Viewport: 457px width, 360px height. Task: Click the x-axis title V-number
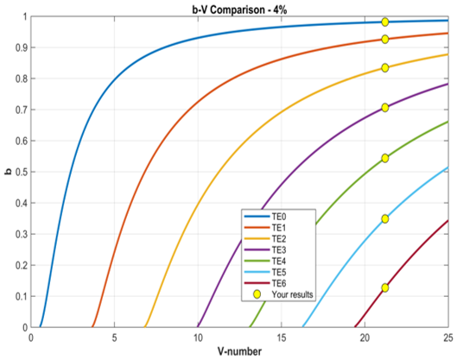[239, 351]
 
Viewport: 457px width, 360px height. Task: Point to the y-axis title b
[9, 172]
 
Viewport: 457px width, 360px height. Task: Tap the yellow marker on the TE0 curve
[385, 22]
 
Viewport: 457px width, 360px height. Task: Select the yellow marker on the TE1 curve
[385, 39]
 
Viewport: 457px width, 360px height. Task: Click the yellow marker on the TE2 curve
[385, 68]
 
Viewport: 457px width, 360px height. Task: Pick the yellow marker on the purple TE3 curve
[385, 107]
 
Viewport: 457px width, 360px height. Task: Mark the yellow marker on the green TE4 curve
[385, 158]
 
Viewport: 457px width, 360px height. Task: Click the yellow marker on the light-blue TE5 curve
[385, 218]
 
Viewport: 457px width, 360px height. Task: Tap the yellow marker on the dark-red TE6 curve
[385, 287]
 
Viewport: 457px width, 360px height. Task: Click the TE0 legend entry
[264, 217]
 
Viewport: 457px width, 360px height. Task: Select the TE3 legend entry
[264, 249]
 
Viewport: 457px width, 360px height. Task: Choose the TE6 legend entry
[264, 283]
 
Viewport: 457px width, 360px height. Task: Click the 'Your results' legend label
[292, 294]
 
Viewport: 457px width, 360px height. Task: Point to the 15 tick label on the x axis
[282, 338]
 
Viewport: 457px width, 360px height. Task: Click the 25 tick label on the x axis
[448, 338]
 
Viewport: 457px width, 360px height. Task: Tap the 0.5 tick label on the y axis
[21, 172]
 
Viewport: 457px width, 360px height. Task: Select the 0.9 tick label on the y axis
[21, 47]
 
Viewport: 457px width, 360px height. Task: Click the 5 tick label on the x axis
[114, 338]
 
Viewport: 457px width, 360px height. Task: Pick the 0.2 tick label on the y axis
[21, 265]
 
